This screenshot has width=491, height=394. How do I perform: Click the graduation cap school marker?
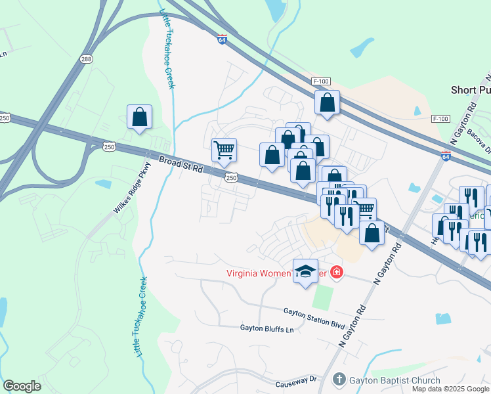[x=305, y=271]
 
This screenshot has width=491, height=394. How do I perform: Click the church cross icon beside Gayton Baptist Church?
[x=339, y=379]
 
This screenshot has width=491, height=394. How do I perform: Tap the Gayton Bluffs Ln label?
[x=266, y=327]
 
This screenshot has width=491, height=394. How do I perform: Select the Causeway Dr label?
[x=295, y=380]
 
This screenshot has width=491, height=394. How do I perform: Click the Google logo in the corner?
[x=22, y=386]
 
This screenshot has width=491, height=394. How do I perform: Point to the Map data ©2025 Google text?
[x=451, y=389]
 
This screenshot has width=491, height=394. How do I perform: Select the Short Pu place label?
[x=469, y=89]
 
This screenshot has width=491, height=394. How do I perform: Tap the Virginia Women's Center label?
[x=276, y=273]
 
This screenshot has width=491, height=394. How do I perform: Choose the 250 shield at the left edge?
[x=5, y=118]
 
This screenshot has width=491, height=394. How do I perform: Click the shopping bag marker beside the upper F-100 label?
[x=326, y=102]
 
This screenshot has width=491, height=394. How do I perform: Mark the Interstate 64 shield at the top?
[x=222, y=39]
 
